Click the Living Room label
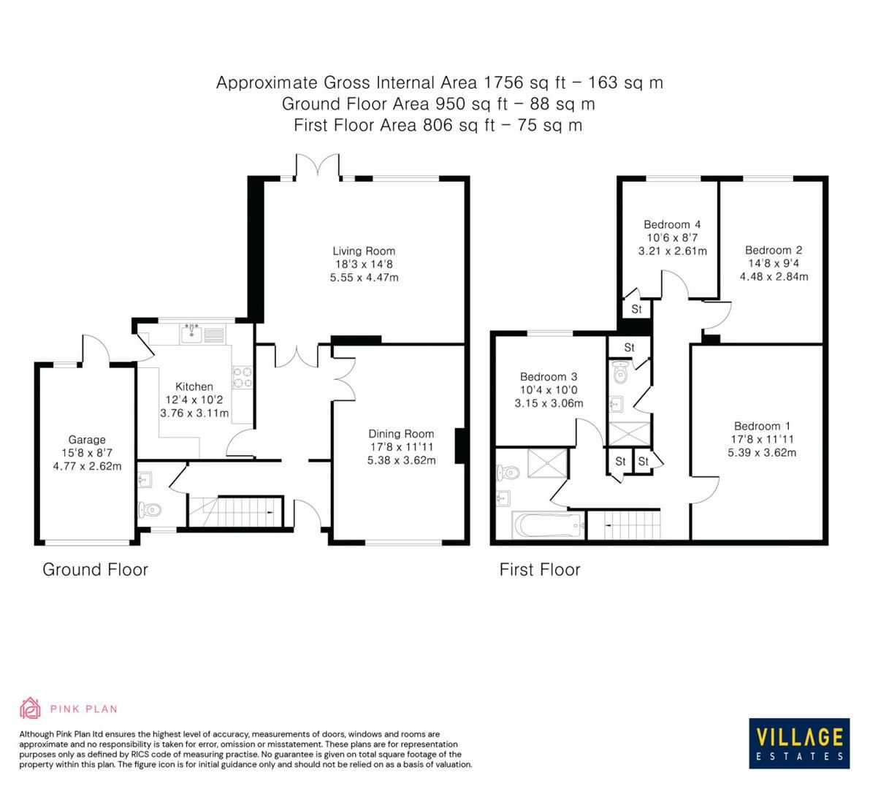coord(364,251)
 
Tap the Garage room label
coord(87,440)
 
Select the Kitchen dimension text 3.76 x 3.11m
coord(194,413)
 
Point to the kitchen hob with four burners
coord(242,376)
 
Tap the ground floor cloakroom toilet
coord(151,509)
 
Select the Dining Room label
coord(401,434)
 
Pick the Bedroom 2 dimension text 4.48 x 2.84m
coord(774,276)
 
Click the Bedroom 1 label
coord(762,426)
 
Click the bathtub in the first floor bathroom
coord(547,525)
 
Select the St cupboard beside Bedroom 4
coord(636,309)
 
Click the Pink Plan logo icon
coord(30,708)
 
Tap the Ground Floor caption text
coord(95,570)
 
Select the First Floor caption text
coord(540,570)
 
